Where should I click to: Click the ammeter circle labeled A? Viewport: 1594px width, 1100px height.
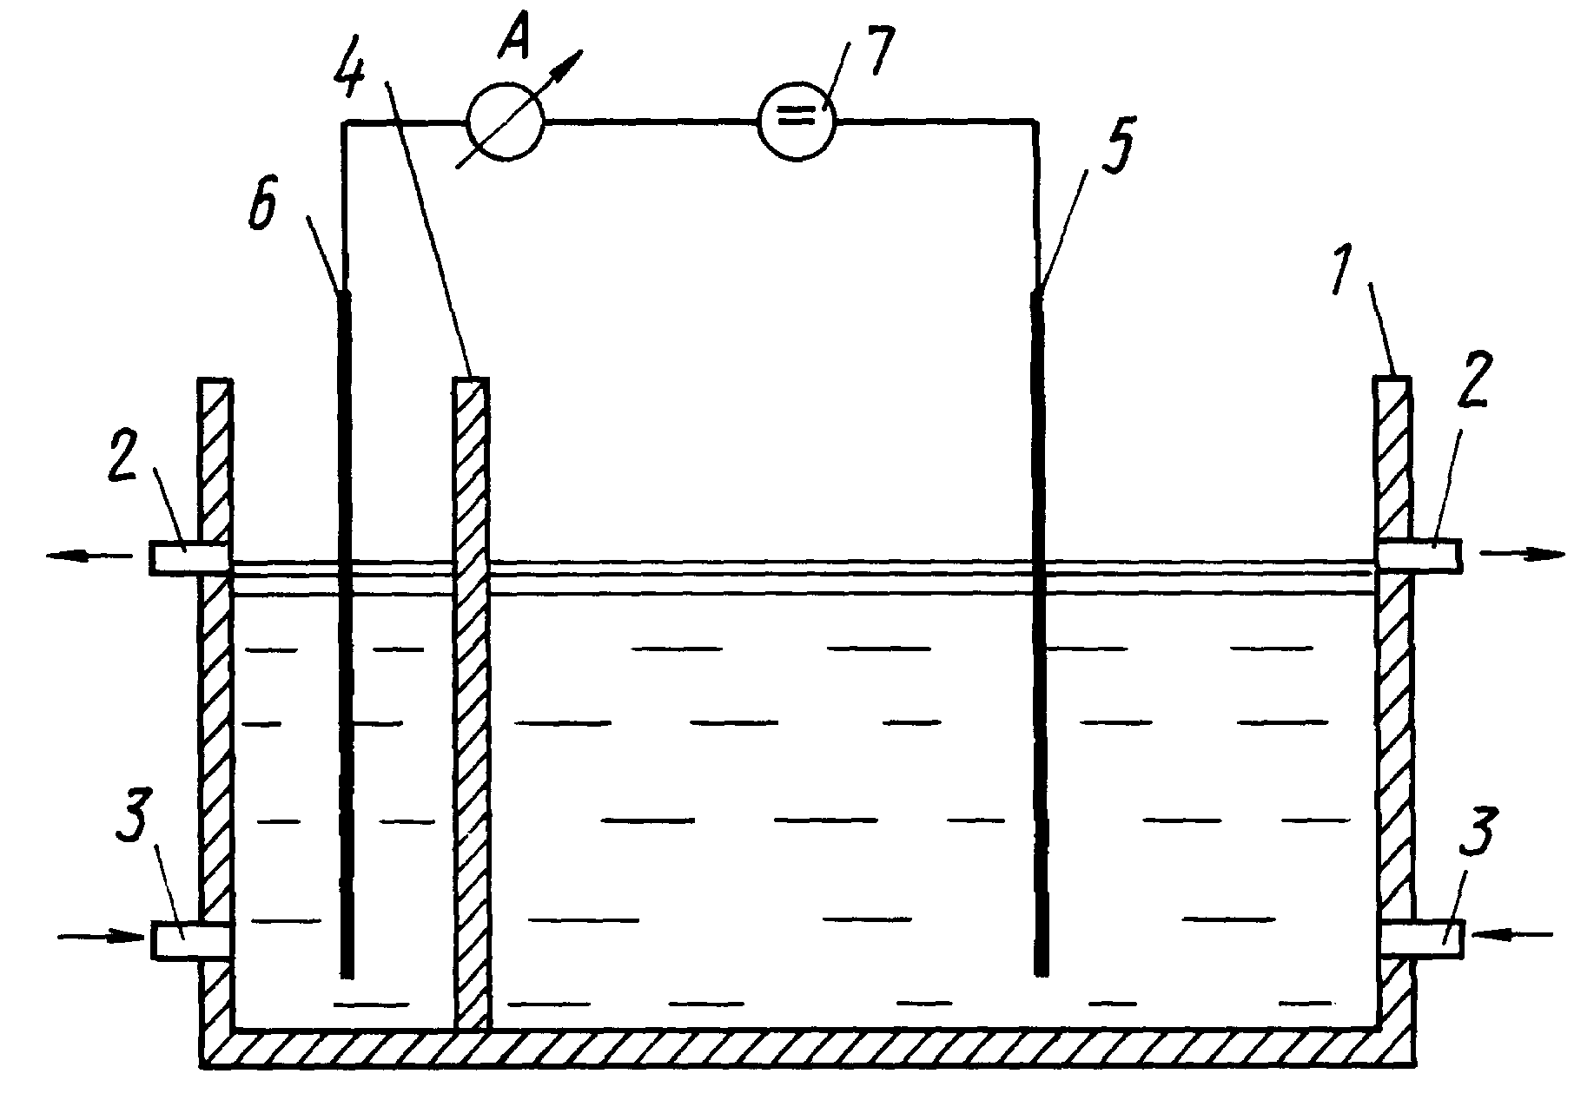coord(506,122)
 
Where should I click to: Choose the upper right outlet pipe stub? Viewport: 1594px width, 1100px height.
coord(1419,555)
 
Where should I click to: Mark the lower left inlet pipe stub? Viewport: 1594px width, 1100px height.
coord(192,940)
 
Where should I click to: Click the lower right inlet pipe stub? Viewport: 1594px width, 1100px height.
coord(1422,939)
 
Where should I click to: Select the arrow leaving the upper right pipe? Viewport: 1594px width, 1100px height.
coord(1523,552)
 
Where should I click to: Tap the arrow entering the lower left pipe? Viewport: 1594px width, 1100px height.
coord(101,936)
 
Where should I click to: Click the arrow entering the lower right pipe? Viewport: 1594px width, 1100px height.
coord(1511,934)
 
